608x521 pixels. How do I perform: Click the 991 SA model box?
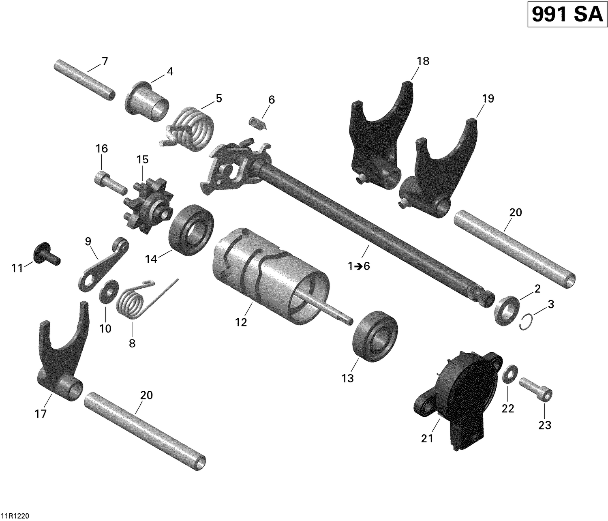[567, 15]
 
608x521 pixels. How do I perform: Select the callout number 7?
[105, 62]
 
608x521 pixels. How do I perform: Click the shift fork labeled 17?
[61, 357]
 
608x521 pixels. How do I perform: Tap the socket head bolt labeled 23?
[536, 388]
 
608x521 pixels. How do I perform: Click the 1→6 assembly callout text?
[359, 266]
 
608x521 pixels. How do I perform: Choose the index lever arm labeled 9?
[103, 266]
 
